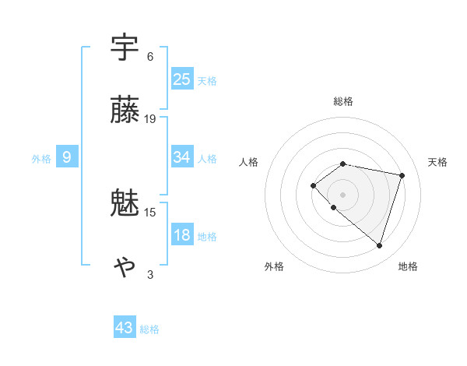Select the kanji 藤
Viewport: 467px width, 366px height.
(x=125, y=111)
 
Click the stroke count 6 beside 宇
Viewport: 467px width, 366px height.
(x=150, y=57)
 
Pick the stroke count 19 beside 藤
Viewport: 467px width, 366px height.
(x=150, y=119)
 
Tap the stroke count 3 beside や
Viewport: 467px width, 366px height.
(x=150, y=274)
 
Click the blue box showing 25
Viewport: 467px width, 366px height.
(x=181, y=79)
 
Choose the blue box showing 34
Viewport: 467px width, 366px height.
(x=181, y=157)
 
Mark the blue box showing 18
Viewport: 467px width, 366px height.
(x=181, y=235)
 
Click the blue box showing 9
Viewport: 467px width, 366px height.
(x=67, y=157)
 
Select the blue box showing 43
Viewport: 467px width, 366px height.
(x=125, y=328)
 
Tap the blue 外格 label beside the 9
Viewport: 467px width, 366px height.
(x=41, y=159)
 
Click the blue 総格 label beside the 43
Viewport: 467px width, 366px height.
(x=149, y=329)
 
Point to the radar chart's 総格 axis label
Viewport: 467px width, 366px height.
(x=342, y=101)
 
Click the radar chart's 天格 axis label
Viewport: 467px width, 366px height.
(x=438, y=162)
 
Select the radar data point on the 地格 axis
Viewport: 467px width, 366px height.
(x=379, y=246)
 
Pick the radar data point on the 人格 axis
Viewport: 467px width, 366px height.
(x=313, y=185)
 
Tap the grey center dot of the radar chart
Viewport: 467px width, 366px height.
(x=342, y=195)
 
